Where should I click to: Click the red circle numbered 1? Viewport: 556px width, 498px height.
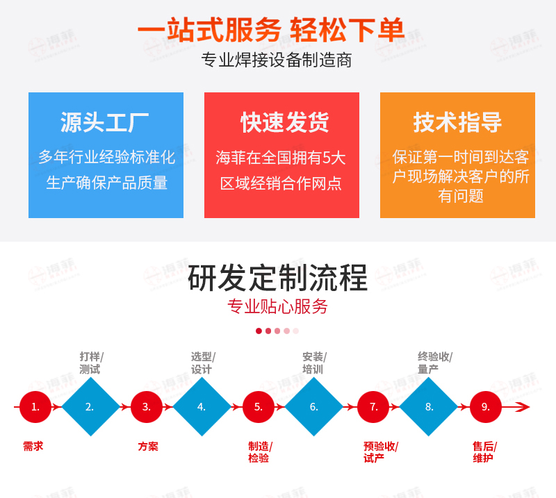click(x=35, y=406)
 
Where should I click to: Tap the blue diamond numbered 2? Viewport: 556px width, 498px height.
click(x=91, y=406)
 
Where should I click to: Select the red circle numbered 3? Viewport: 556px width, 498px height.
click(x=147, y=406)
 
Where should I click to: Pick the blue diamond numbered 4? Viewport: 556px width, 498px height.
click(x=202, y=406)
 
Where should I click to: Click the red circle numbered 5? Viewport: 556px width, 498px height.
click(x=258, y=406)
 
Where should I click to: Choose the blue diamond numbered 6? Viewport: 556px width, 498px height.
click(x=314, y=406)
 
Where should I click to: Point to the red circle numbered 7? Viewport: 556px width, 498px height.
click(x=373, y=406)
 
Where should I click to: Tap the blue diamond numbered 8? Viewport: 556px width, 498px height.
click(x=429, y=406)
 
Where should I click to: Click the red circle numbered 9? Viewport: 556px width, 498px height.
click(x=485, y=406)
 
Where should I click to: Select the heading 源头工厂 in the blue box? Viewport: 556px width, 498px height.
click(x=105, y=122)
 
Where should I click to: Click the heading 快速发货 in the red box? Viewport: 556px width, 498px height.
click(x=285, y=122)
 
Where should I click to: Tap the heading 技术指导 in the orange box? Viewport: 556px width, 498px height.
click(x=457, y=122)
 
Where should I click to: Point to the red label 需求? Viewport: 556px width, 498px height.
click(x=33, y=446)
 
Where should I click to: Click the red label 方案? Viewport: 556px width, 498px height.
click(x=148, y=446)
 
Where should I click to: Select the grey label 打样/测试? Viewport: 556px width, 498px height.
click(x=91, y=363)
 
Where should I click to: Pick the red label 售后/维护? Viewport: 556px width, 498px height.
click(x=484, y=452)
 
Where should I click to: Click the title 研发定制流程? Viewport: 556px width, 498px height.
click(x=277, y=278)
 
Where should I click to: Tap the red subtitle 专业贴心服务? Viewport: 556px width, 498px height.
click(x=277, y=306)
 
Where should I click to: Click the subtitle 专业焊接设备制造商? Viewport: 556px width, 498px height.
click(x=277, y=60)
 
